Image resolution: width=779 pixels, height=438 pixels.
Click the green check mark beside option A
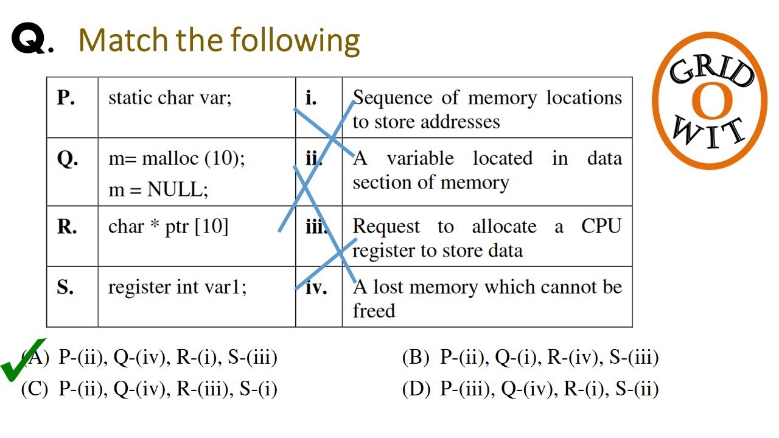point(23,360)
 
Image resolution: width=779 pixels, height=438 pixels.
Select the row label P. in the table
point(66,98)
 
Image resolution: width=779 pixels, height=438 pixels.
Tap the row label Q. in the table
point(67,159)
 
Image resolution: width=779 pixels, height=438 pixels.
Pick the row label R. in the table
point(67,227)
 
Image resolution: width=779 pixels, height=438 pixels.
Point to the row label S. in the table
point(65,287)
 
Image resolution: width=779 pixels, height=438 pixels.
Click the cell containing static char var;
point(170,98)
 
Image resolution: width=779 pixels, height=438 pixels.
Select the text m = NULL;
point(158,190)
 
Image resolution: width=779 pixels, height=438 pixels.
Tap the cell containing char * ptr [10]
point(168,227)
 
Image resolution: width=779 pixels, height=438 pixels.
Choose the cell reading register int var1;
point(177,287)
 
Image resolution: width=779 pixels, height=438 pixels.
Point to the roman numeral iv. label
point(316,287)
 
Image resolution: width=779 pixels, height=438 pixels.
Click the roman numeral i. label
point(311,98)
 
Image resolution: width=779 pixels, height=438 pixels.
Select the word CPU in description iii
point(601,227)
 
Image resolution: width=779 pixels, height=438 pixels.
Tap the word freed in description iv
point(374,311)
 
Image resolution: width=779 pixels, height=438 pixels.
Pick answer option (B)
point(529,358)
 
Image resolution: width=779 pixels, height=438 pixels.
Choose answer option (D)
point(529,389)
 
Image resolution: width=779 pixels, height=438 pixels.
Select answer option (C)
point(149,389)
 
